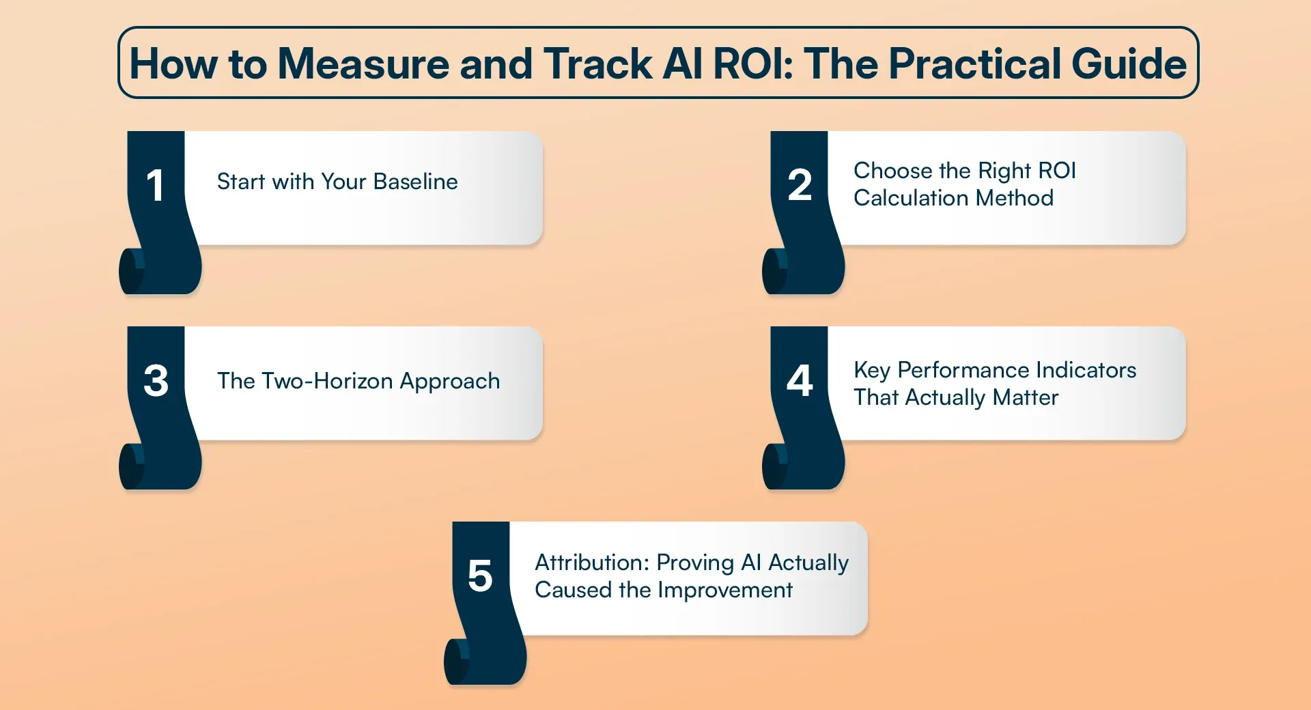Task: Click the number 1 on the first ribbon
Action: (x=156, y=185)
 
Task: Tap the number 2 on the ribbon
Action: (x=800, y=185)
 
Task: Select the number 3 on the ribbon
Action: (x=156, y=380)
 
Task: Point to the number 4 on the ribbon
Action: (x=800, y=380)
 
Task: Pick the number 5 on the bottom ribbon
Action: (x=480, y=576)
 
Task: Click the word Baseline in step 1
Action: (x=415, y=182)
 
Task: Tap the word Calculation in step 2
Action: (x=912, y=198)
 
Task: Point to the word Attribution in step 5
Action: (x=591, y=563)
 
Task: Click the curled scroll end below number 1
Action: (x=132, y=271)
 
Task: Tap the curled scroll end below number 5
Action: (x=457, y=661)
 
